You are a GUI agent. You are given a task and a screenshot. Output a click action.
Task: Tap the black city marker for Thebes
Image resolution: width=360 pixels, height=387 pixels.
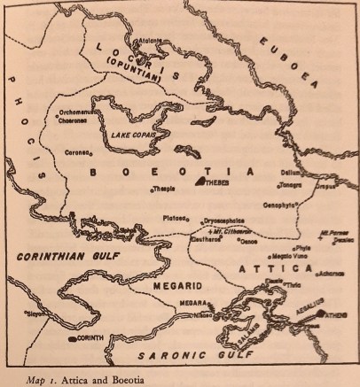point(200,182)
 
